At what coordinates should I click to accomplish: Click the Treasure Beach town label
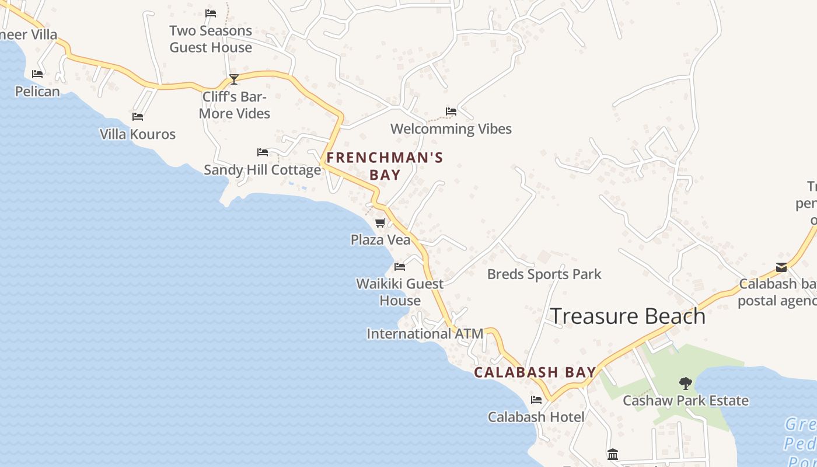click(628, 316)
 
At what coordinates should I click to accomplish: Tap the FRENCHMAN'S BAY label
click(385, 166)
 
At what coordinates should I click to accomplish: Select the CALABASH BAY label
click(535, 372)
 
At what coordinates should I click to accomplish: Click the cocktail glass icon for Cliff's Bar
click(234, 79)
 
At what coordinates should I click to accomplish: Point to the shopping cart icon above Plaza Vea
click(380, 222)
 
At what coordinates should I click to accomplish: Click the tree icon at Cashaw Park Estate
click(686, 384)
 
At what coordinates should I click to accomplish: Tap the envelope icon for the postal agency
click(781, 267)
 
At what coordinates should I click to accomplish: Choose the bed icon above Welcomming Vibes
click(451, 111)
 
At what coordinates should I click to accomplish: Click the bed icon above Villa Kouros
click(138, 117)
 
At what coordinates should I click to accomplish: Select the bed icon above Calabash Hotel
click(536, 400)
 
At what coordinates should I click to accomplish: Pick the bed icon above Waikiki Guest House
click(400, 267)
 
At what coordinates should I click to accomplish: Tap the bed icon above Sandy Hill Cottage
click(263, 152)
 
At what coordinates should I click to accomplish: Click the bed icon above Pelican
click(37, 74)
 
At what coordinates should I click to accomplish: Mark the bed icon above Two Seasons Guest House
click(211, 13)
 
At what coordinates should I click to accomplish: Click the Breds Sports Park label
click(544, 274)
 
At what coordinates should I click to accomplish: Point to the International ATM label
click(424, 334)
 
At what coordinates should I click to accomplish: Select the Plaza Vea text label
click(380, 239)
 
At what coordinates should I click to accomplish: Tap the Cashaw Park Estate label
click(685, 400)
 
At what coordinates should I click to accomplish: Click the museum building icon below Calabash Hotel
click(613, 454)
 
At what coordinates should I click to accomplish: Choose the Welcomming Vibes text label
click(451, 128)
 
